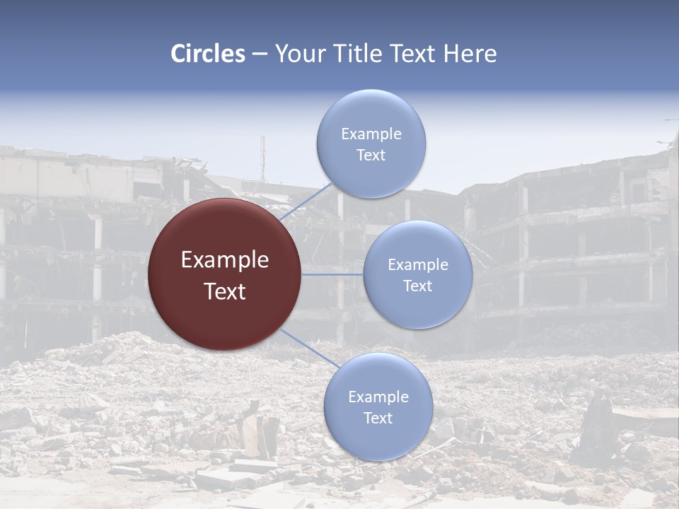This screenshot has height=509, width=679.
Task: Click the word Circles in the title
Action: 207,54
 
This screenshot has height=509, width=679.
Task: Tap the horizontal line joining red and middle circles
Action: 332,274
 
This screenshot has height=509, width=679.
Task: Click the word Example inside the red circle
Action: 225,260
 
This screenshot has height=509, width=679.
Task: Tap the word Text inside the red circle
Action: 225,291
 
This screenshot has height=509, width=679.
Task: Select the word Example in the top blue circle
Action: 371,134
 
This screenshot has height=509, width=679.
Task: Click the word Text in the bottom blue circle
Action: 378,418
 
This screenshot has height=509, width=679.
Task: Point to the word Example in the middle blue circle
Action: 418,265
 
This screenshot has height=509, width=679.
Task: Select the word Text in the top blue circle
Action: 371,156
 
